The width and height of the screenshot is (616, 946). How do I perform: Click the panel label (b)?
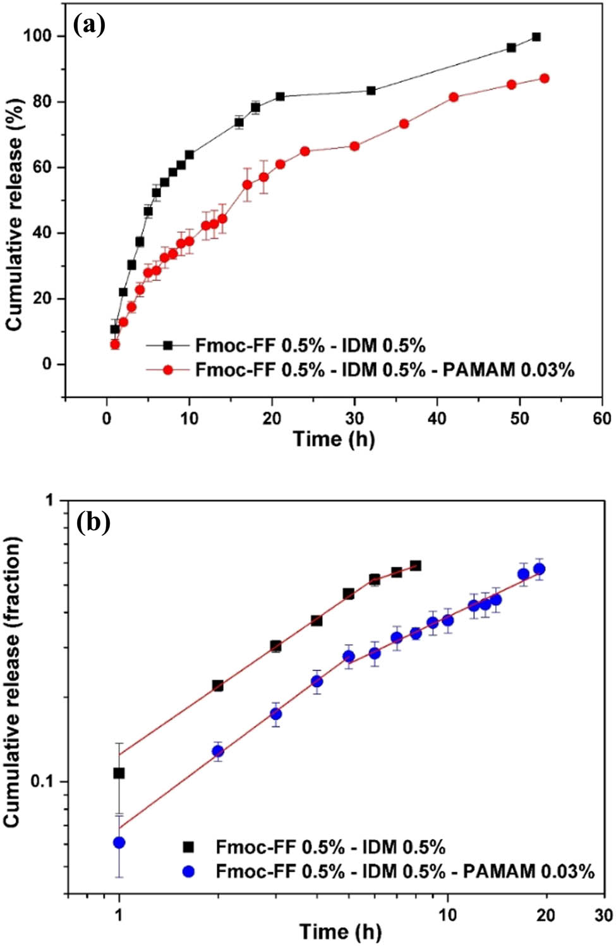click(x=93, y=522)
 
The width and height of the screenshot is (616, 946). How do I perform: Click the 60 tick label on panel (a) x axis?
click(x=601, y=418)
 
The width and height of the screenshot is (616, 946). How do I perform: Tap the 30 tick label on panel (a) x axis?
click(x=354, y=418)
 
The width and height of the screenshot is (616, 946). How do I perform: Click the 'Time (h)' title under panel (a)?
click(x=334, y=439)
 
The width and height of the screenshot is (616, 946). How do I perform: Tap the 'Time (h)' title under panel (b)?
click(x=340, y=931)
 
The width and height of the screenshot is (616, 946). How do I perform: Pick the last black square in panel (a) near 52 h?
click(x=536, y=37)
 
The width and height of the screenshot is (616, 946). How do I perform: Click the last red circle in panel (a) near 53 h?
click(x=544, y=78)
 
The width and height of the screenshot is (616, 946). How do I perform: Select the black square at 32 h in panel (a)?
click(x=371, y=90)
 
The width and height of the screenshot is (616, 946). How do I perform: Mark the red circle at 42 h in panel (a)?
click(x=454, y=97)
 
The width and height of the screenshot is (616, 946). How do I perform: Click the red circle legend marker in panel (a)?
click(x=167, y=370)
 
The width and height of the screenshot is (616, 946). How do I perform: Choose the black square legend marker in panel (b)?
click(x=188, y=847)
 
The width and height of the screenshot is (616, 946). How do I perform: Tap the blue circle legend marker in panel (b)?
click(x=188, y=871)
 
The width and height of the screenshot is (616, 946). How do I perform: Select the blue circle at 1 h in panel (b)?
click(x=119, y=842)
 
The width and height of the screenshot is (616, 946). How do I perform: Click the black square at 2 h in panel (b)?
click(x=218, y=686)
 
